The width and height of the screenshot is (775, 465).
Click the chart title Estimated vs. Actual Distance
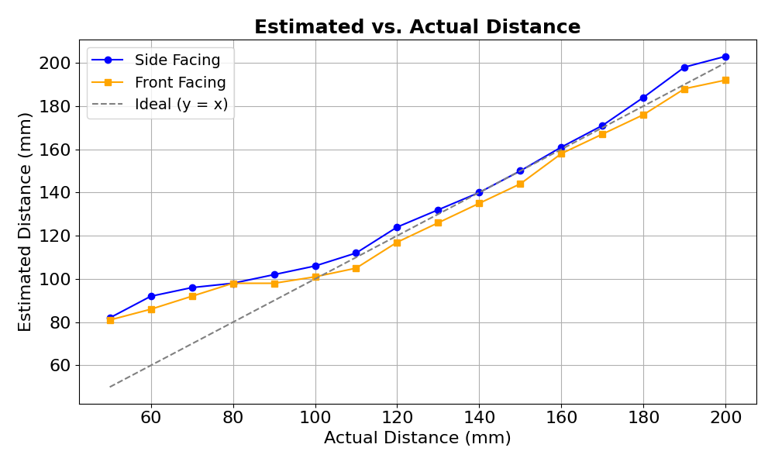[x=417, y=27]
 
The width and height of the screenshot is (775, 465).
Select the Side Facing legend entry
[x=177, y=60]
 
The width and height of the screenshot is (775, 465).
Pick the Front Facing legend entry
[x=180, y=82]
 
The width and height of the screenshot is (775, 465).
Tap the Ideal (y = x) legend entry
[x=181, y=105]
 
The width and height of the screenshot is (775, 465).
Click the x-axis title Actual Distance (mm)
[x=417, y=438]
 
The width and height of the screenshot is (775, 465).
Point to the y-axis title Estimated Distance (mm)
[x=26, y=222]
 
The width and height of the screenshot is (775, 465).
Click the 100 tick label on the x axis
[x=315, y=417]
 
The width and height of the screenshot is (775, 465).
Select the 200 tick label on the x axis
[x=725, y=417]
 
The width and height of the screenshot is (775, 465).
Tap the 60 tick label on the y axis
[x=60, y=366]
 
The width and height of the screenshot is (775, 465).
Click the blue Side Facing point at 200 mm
[x=725, y=57]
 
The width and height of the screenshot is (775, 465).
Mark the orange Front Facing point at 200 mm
[x=725, y=80]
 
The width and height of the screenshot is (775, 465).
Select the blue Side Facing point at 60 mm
[x=151, y=296]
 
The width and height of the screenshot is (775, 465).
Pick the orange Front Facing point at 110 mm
[x=356, y=268]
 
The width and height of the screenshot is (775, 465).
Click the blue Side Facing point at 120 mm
[x=397, y=227]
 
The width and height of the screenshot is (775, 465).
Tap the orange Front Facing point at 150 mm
[x=520, y=184]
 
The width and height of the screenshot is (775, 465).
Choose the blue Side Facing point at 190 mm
[x=684, y=67]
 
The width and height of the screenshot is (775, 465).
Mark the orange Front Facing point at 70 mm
[x=192, y=296]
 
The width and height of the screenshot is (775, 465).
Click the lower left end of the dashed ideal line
[x=110, y=387]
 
